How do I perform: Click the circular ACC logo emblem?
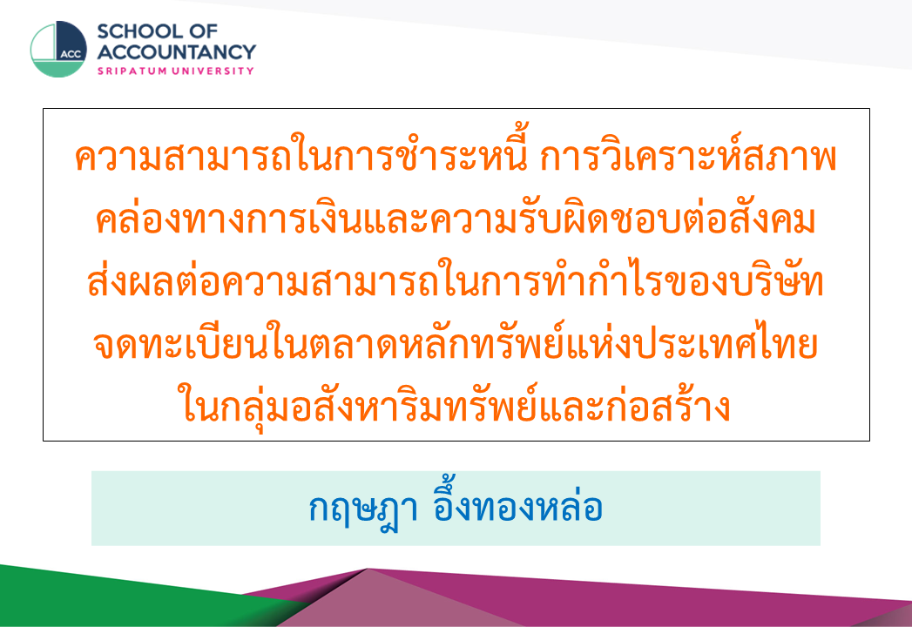pyautogui.click(x=58, y=50)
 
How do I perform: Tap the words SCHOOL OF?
pyautogui.click(x=157, y=30)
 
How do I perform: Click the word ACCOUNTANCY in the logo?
pyautogui.click(x=176, y=51)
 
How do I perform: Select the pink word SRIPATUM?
pyautogui.click(x=132, y=71)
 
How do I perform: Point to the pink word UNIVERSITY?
pyautogui.click(x=213, y=71)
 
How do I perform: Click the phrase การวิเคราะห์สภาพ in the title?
pyautogui.click(x=688, y=155)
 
